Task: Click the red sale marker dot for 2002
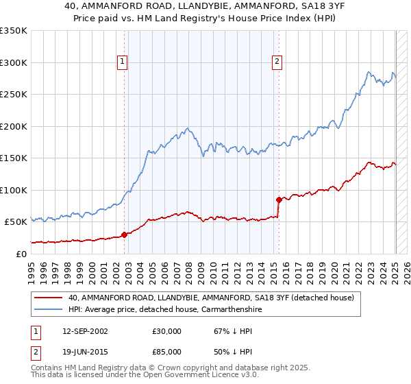click(124, 235)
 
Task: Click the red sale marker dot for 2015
click(279, 200)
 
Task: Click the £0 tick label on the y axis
click(20, 254)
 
